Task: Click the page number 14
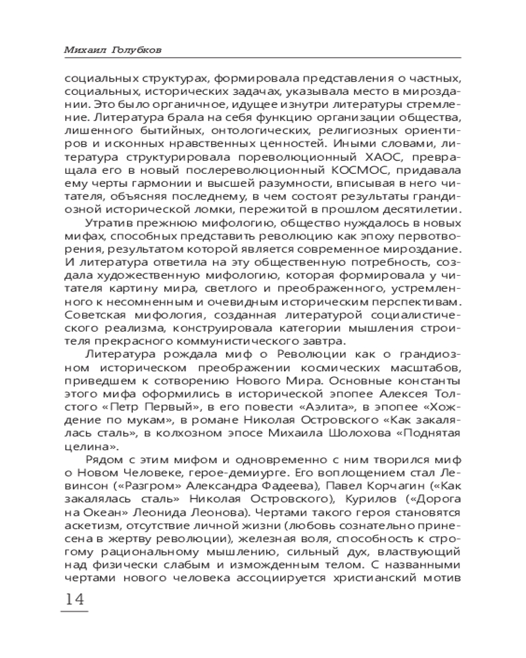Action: [73, 599]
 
